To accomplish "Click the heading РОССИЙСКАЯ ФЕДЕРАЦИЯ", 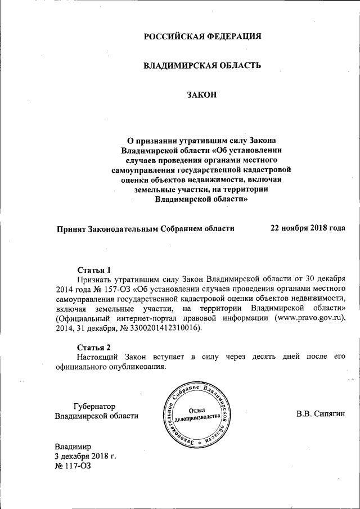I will click(x=202, y=37).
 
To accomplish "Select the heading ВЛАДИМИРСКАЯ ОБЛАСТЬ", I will click(x=202, y=65).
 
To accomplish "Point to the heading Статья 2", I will click(x=94, y=346).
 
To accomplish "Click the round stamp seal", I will click(x=201, y=415).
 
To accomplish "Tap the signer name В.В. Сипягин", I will click(x=321, y=415).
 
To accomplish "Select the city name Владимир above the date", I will click(x=73, y=446).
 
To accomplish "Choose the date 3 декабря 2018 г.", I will click(x=85, y=456).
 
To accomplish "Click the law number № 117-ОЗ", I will click(x=73, y=466).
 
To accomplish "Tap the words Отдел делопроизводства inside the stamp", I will click(x=201, y=415).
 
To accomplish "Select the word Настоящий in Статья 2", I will click(x=100, y=357).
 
